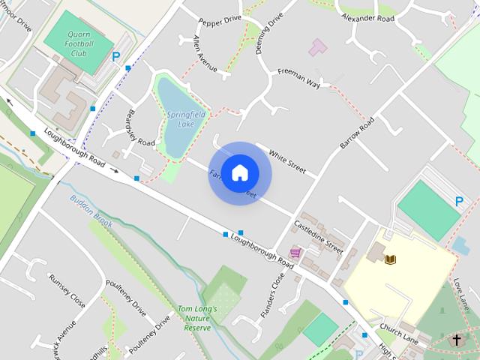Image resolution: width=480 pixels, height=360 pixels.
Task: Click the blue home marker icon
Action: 239,172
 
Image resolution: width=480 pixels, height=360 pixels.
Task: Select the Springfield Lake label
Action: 181,118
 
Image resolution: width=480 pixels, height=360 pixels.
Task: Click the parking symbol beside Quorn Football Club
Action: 116,56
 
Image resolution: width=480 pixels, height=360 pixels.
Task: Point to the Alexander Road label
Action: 367,16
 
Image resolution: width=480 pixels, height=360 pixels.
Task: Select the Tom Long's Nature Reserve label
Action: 197,318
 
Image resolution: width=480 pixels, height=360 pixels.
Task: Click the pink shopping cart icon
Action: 295,253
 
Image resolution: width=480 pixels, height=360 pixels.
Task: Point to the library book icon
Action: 389,260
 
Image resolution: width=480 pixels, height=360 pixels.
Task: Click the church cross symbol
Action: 456,340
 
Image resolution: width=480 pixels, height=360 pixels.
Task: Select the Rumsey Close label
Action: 67,289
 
